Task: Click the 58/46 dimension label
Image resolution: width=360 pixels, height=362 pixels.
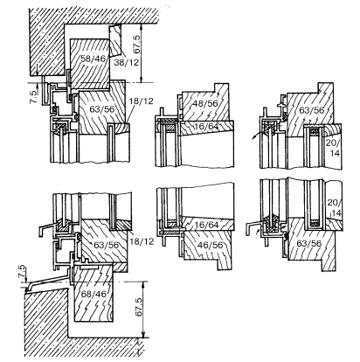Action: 89,59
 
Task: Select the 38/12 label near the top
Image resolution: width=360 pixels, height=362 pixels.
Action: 127,62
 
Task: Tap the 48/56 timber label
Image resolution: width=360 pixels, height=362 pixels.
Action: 205,103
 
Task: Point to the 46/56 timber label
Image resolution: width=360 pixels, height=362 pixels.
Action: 210,245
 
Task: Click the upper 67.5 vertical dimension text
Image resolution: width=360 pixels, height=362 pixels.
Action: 136,45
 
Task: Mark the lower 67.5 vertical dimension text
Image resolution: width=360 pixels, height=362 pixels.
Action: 138,307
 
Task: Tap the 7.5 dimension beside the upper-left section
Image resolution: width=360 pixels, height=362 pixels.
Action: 34,97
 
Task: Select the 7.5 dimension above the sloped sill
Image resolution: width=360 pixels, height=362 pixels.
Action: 23,272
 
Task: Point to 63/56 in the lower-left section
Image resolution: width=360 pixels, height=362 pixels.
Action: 107,245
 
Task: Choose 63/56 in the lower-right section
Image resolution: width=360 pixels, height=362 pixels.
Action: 308,243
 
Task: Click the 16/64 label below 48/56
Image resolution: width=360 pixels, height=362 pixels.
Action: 207,126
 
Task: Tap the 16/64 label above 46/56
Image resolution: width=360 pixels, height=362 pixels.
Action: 207,225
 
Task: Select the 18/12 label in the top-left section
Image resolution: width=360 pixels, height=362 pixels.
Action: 142,101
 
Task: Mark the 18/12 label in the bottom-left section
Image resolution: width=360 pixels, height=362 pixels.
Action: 142,241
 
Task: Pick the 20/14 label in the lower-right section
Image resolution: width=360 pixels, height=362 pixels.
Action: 334,208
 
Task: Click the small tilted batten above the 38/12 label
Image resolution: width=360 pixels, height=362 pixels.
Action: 115,40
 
